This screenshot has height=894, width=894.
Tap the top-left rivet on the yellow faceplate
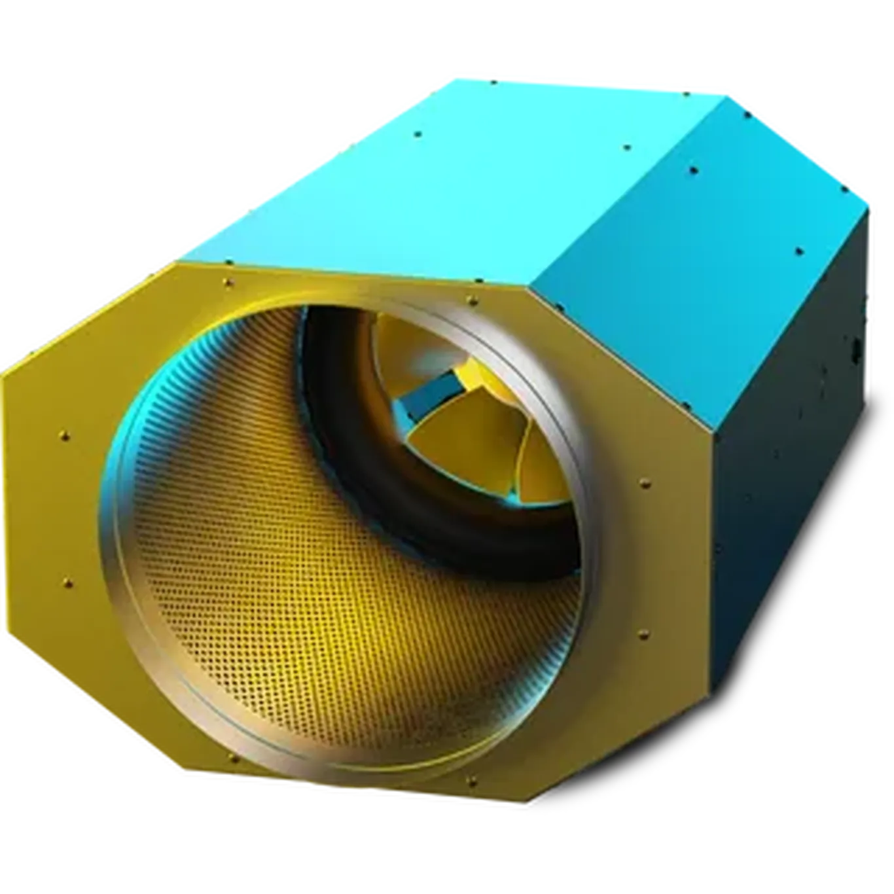(227, 282)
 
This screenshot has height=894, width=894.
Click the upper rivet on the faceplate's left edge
(63, 435)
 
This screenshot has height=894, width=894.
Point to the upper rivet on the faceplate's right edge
(645, 484)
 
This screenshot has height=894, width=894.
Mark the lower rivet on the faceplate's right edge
(640, 633)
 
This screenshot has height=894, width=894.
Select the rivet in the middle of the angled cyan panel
(694, 171)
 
